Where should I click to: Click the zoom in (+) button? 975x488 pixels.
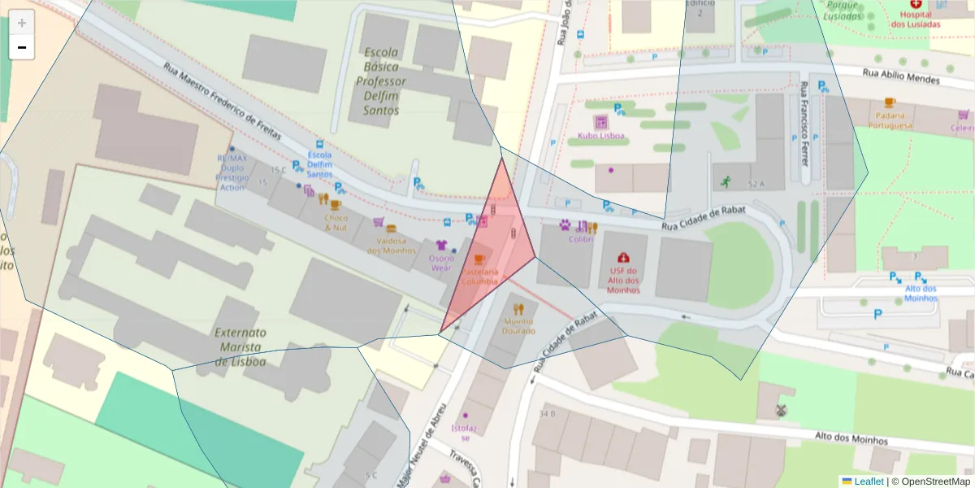[22, 23]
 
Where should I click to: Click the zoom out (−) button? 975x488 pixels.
[22, 47]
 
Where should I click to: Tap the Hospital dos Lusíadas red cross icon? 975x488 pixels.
[916, 6]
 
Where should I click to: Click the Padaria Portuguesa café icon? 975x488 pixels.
[889, 102]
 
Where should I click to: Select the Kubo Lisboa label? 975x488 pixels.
[601, 136]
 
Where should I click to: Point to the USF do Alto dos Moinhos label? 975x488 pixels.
[623, 280]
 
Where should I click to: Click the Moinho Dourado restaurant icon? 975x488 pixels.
[519, 309]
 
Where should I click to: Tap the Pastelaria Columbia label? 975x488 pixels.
[479, 276]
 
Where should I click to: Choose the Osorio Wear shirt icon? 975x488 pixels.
[441, 244]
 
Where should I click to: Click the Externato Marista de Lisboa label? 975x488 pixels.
[240, 346]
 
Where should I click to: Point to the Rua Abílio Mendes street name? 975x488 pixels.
[900, 76]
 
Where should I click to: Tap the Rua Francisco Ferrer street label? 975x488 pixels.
[804, 124]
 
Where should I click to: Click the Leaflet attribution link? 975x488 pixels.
[869, 481]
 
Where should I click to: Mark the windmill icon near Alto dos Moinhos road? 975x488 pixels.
[782, 412]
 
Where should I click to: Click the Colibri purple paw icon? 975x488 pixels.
[565, 224]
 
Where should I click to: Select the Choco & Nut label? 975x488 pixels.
[336, 223]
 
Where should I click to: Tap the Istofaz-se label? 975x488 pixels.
[466, 432]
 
